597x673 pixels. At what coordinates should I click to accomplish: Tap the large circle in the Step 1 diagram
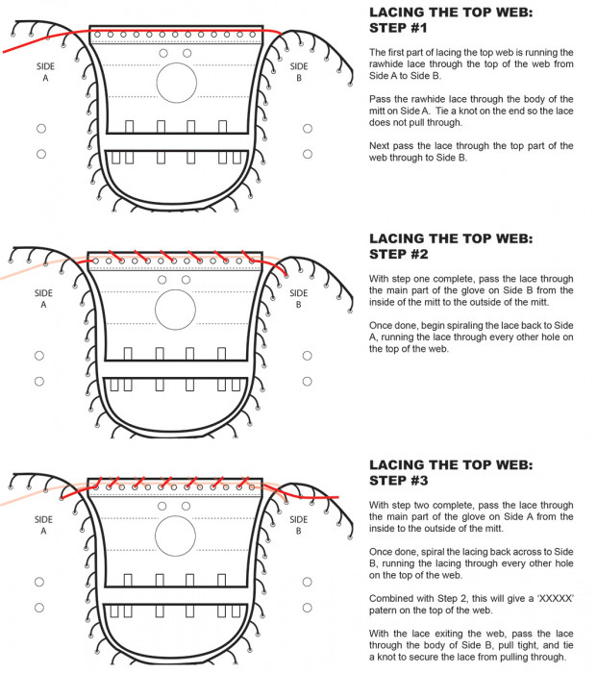175,83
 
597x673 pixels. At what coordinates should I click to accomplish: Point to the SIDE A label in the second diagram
43,299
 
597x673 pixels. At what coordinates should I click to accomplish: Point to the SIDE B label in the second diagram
299,299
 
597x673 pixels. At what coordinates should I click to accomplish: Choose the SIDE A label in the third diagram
43,525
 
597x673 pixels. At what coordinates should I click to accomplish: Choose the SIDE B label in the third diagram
299,525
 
